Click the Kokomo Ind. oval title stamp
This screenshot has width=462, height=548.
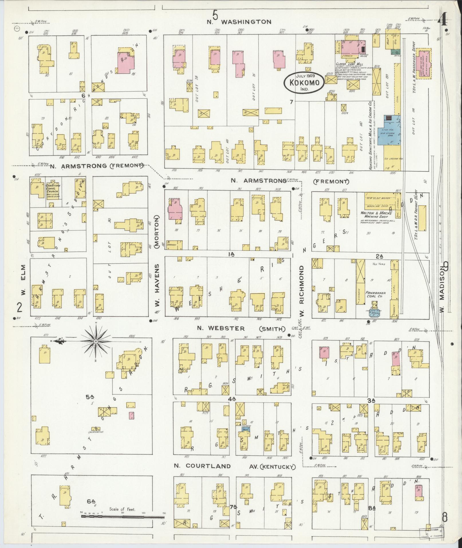[304, 83]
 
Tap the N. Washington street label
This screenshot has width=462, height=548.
[239, 22]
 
